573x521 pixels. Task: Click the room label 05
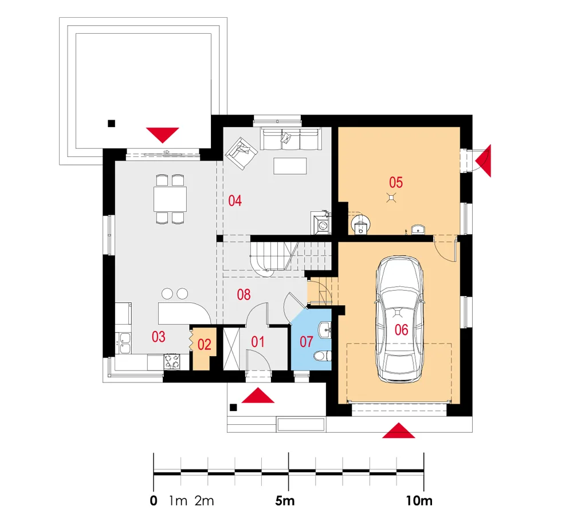pyautogui.click(x=396, y=182)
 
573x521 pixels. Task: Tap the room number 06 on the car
pyautogui.click(x=401, y=330)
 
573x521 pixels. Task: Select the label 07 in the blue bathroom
pyautogui.click(x=306, y=342)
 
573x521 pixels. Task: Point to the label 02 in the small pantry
pyautogui.click(x=205, y=344)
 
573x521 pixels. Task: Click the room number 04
pyautogui.click(x=234, y=200)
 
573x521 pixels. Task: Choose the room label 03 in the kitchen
pyautogui.click(x=158, y=337)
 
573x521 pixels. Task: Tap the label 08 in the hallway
pyautogui.click(x=244, y=294)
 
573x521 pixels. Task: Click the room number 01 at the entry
pyautogui.click(x=258, y=342)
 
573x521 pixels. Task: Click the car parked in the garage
pyautogui.click(x=399, y=319)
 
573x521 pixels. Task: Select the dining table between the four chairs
pyautogui.click(x=170, y=199)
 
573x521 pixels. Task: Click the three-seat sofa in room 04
pyautogui.click(x=291, y=139)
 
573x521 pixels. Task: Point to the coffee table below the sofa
pyautogui.click(x=290, y=166)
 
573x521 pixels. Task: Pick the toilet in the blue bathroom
pyautogui.click(x=322, y=356)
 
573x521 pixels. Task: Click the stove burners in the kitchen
pyautogui.click(x=172, y=361)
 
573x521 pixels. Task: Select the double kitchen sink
pyautogui.click(x=125, y=343)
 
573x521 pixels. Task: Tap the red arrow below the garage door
pyautogui.click(x=399, y=431)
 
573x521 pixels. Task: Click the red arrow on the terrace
pyautogui.click(x=162, y=135)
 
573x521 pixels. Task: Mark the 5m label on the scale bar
pyautogui.click(x=285, y=500)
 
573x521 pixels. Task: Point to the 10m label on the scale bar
pyautogui.click(x=419, y=500)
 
